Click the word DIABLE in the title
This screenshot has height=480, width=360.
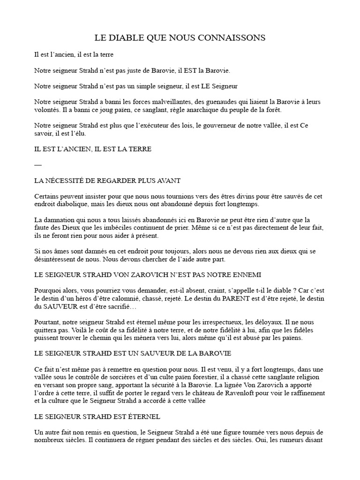(124, 37)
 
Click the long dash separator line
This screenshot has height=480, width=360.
(38, 165)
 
